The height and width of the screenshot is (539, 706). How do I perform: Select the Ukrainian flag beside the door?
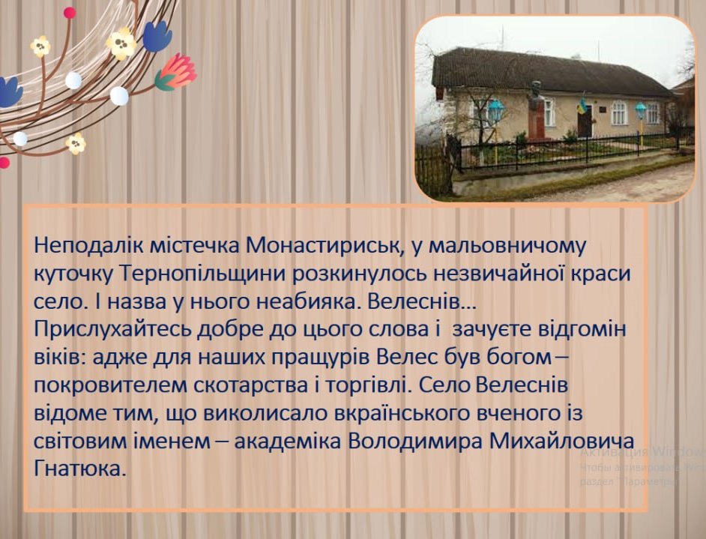tap(580, 107)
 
